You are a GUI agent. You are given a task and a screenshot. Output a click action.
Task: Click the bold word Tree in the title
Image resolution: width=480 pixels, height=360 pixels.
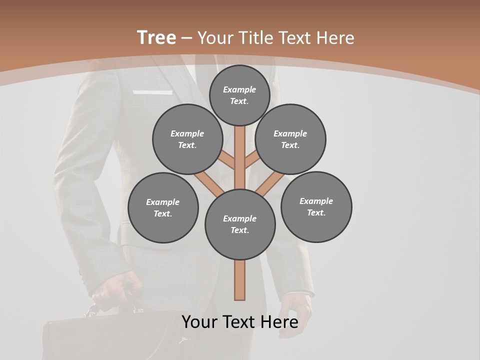pyautogui.click(x=156, y=37)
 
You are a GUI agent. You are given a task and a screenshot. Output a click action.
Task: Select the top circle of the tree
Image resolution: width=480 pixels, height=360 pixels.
pyautogui.click(x=239, y=95)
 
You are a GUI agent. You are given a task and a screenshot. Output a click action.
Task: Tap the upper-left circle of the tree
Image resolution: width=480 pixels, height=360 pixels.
pyautogui.click(x=187, y=139)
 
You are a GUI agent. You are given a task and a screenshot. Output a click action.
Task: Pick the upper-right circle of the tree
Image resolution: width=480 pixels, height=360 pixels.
pyautogui.click(x=290, y=139)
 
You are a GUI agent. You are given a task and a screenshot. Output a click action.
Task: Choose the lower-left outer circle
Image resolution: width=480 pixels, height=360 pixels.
pyautogui.click(x=163, y=207)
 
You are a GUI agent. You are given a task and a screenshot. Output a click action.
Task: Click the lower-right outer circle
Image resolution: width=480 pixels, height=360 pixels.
pyautogui.click(x=316, y=206)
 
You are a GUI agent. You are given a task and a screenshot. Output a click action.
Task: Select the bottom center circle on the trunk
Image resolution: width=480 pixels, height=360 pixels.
pyautogui.click(x=240, y=224)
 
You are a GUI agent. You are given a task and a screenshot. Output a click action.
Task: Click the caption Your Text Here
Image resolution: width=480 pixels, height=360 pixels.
pyautogui.click(x=240, y=322)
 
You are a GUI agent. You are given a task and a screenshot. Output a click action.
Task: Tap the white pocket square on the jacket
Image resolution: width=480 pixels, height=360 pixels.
pyautogui.click(x=152, y=92)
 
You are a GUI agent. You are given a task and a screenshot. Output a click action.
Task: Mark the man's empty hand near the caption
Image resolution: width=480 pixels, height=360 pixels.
pyautogui.click(x=295, y=310)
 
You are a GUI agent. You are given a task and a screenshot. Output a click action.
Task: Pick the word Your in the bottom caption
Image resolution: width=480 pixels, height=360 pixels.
pyautogui.click(x=200, y=322)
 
